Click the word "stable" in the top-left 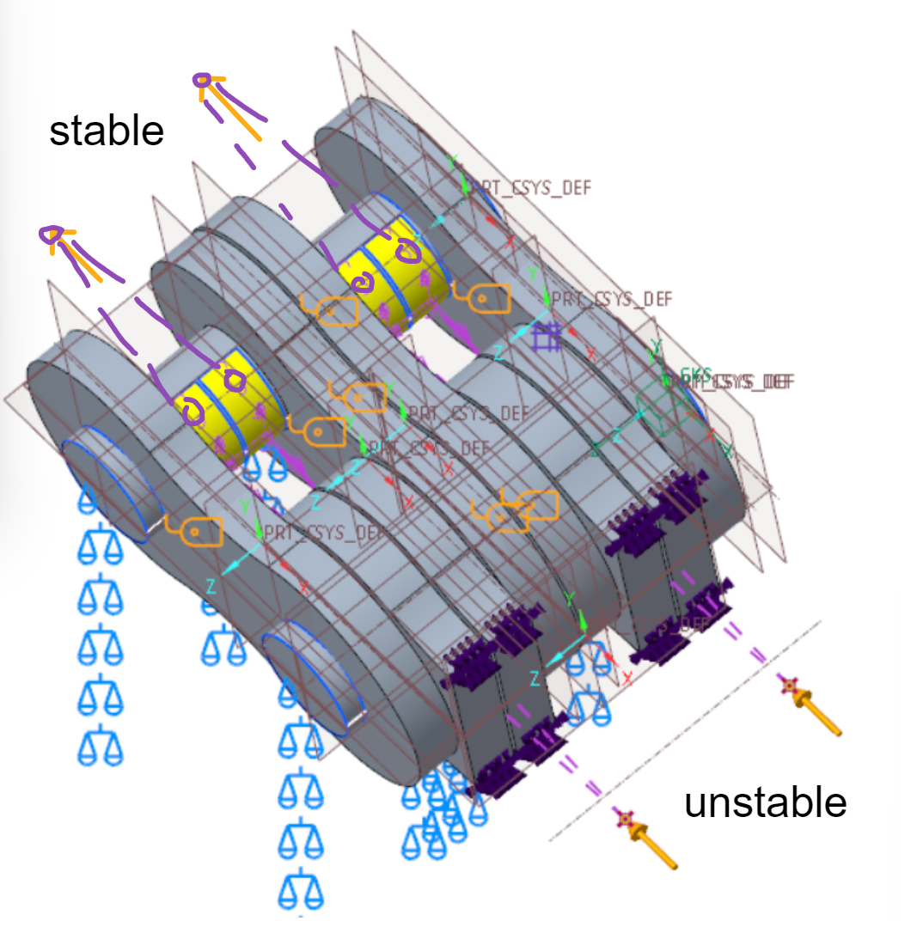(x=106, y=131)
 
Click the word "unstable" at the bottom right (x=765, y=803)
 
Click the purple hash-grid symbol (x=543, y=337)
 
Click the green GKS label (x=696, y=375)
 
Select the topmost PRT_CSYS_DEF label (x=533, y=187)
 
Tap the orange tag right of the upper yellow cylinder (x=480, y=297)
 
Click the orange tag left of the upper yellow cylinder (x=330, y=308)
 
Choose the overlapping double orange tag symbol (x=514, y=511)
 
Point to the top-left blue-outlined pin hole (x=107, y=487)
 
